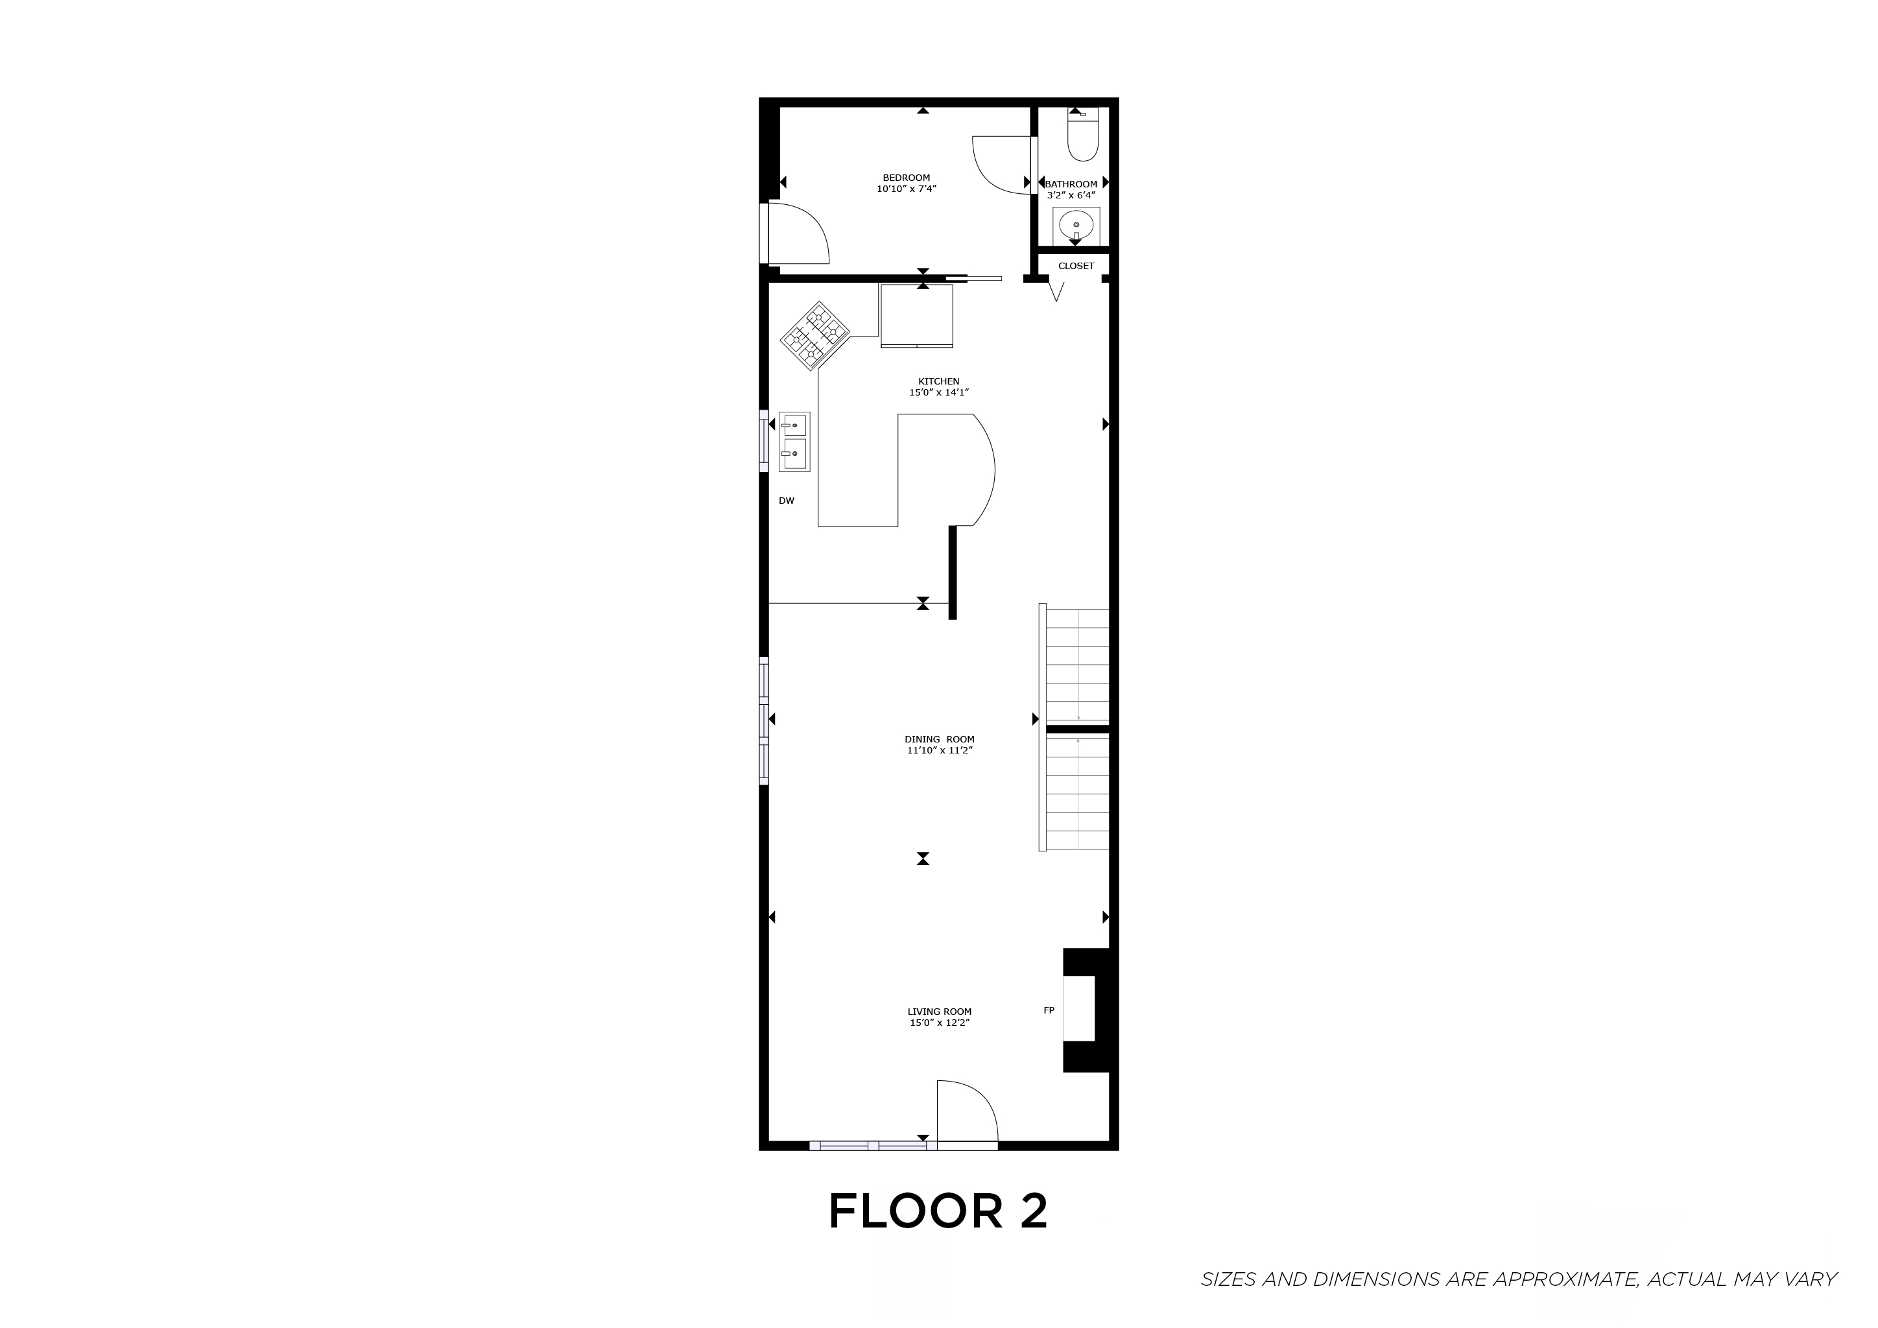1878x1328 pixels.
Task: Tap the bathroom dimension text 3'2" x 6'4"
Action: [x=1070, y=195]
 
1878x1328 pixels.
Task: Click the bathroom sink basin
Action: [x=1076, y=224]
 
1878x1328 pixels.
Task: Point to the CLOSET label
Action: [x=1076, y=266]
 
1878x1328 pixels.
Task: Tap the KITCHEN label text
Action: [x=938, y=381]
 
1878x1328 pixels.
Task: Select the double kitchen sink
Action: [x=793, y=442]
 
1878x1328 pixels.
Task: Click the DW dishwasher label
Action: [x=786, y=501]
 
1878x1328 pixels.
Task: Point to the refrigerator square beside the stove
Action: [x=916, y=316]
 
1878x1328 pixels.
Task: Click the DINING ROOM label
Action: [x=939, y=739]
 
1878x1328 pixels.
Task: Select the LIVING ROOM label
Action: [x=939, y=1012]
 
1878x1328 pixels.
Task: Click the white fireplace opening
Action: [x=1078, y=1008]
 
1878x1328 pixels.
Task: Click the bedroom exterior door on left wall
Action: [x=798, y=233]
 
